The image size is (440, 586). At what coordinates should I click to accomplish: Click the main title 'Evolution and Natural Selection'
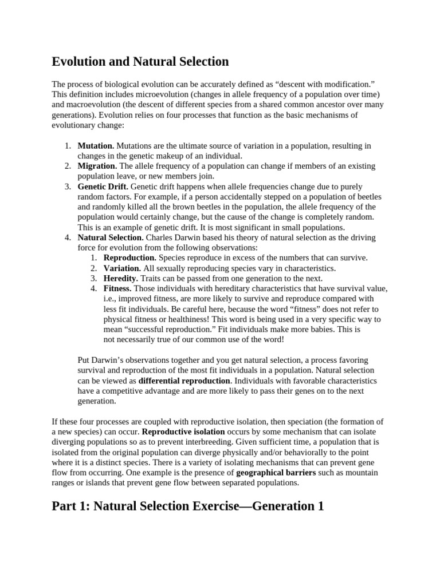click(140, 62)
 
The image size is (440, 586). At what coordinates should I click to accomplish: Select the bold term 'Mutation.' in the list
click(96, 146)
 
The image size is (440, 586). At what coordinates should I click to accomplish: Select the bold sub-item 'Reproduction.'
click(129, 258)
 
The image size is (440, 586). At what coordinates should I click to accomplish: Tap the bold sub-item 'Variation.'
click(122, 268)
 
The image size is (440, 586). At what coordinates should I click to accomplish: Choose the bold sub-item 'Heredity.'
click(120, 278)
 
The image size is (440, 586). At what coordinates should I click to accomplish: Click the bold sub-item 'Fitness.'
click(117, 288)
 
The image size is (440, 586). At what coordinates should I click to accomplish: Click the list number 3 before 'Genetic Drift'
click(67, 187)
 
